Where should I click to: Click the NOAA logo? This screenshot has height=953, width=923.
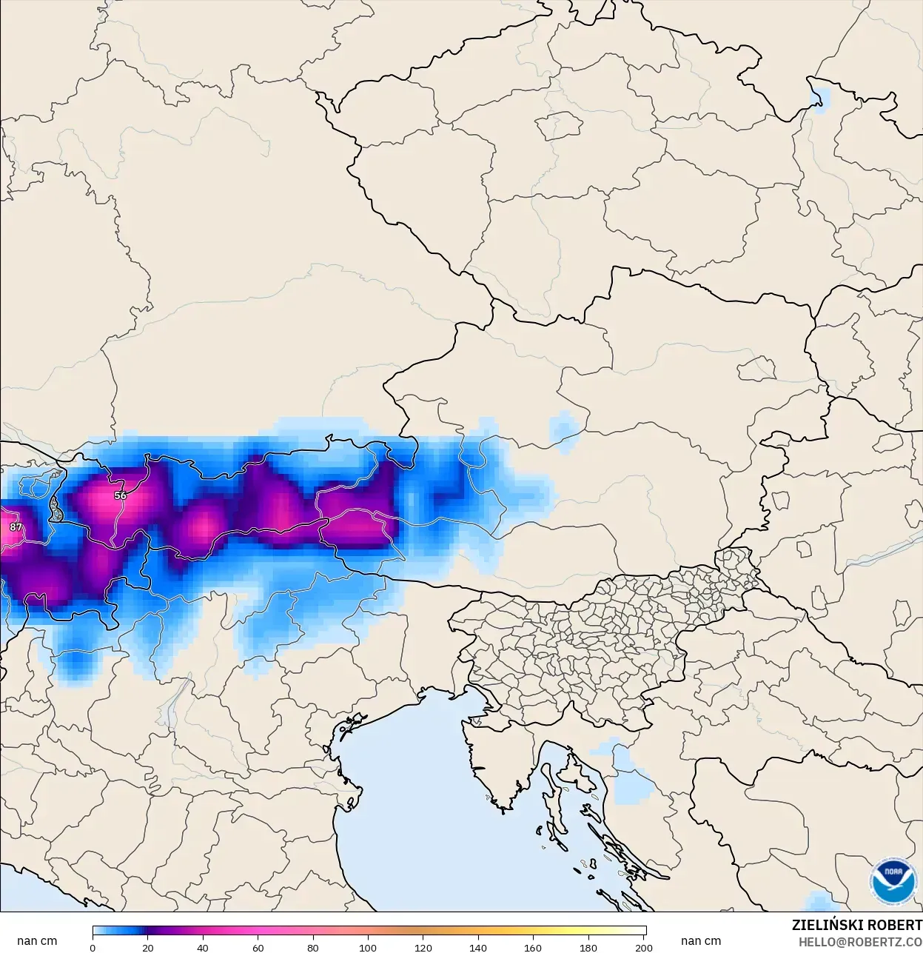tap(893, 880)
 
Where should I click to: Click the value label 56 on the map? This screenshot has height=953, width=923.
tap(121, 495)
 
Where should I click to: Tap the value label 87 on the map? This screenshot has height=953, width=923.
tap(16, 527)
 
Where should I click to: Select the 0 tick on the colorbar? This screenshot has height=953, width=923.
tap(93, 947)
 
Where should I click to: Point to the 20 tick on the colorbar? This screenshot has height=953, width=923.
tap(148, 947)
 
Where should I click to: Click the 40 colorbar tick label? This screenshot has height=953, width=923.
tap(203, 947)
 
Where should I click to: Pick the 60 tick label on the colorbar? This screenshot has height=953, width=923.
tap(258, 947)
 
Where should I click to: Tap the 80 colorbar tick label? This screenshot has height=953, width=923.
tap(313, 947)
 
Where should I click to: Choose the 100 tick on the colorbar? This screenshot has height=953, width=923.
tap(368, 947)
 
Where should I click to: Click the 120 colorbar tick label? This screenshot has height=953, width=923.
tap(423, 947)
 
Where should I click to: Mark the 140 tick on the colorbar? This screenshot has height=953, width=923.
tap(478, 947)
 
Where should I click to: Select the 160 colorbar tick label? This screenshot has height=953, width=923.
tap(533, 947)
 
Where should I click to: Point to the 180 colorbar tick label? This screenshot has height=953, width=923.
tap(588, 947)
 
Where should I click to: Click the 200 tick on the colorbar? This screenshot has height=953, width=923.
tap(644, 947)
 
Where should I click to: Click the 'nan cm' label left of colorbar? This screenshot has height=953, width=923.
tap(37, 940)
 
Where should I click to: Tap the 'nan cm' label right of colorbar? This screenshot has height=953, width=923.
tap(701, 940)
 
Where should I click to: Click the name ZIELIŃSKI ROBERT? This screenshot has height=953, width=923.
tap(856, 925)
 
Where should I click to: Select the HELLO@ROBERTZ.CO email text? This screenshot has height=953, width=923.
tap(860, 942)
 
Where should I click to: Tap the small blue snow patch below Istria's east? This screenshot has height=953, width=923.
tap(629, 778)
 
